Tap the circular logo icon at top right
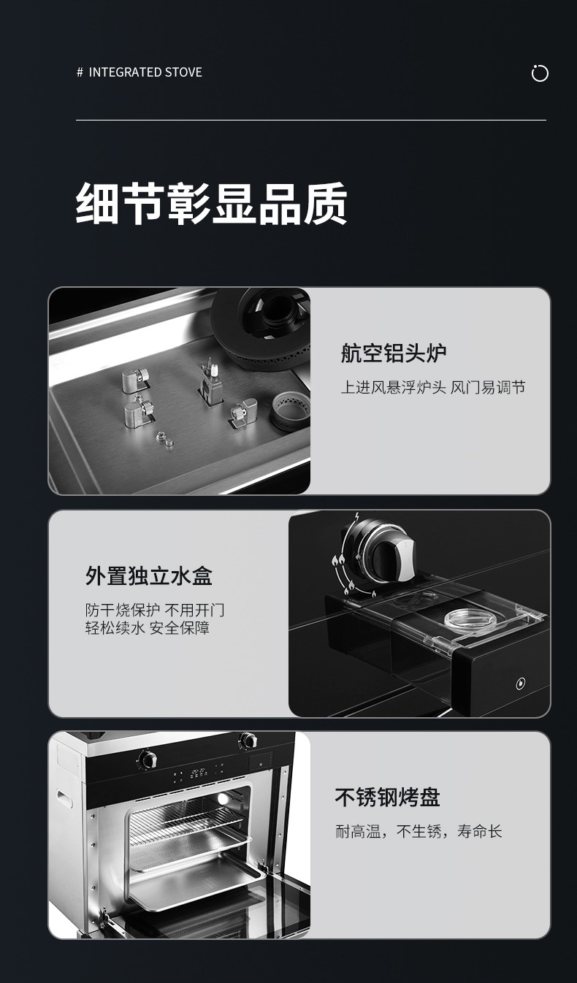click(540, 73)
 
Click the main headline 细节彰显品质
click(212, 204)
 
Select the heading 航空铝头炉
click(394, 353)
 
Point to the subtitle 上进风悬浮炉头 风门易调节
click(433, 388)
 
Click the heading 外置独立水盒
click(149, 575)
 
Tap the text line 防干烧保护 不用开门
click(155, 610)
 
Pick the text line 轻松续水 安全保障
click(148, 628)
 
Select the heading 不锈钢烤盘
click(387, 798)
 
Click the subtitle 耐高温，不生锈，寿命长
click(419, 831)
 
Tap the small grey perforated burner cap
click(291, 410)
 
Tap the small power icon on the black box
click(521, 684)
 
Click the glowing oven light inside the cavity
click(223, 798)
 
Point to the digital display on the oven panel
click(199, 773)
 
